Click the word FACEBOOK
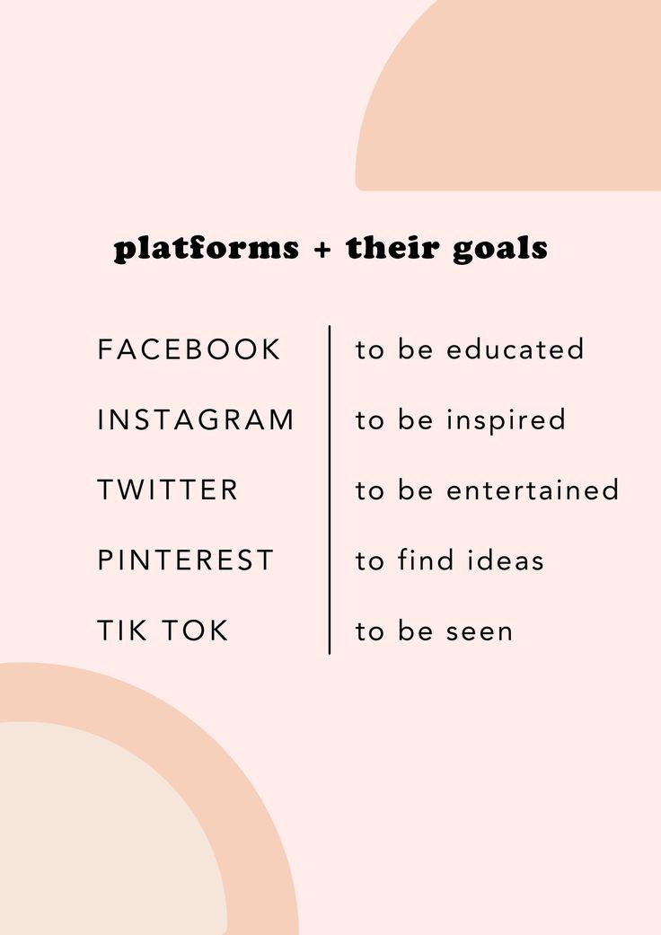pyautogui.click(x=189, y=349)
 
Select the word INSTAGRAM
pyautogui.click(x=196, y=419)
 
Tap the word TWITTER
pyautogui.click(x=168, y=490)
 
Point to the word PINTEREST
pyautogui.click(x=185, y=560)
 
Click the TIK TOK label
pyautogui.click(x=163, y=631)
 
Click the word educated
pyautogui.click(x=515, y=349)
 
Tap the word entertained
pyautogui.click(x=533, y=490)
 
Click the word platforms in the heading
pyautogui.click(x=207, y=249)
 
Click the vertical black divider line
pyautogui.click(x=330, y=490)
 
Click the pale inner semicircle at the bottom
pyautogui.click(x=99, y=835)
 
